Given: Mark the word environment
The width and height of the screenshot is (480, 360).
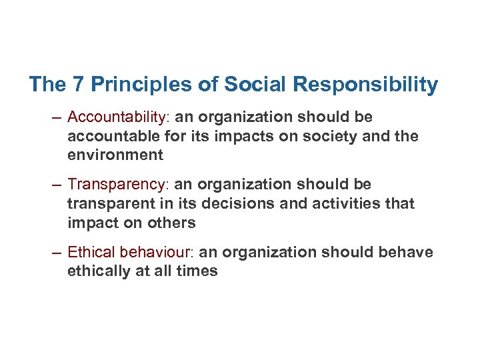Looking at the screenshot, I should coord(115,155).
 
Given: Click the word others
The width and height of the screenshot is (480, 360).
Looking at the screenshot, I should coord(172,222).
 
